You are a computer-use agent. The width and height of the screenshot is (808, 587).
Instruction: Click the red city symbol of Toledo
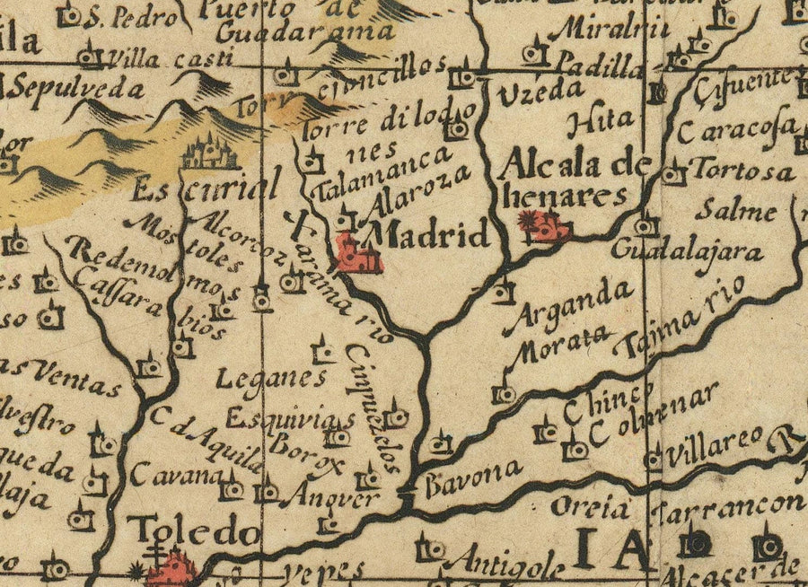[175, 569]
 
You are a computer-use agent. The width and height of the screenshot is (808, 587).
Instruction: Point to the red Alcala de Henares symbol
[549, 226]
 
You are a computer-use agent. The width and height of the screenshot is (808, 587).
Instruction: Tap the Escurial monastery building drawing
[210, 153]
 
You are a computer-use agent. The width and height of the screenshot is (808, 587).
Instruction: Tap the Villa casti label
[167, 60]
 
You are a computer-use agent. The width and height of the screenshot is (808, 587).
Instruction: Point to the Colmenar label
[656, 416]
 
